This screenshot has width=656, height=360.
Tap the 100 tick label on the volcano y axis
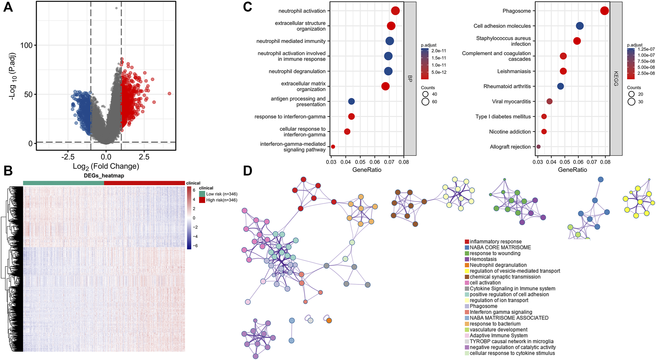[x=26, y=45]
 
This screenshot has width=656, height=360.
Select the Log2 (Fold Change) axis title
[x=106, y=166]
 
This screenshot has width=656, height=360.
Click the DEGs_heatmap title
[x=104, y=176]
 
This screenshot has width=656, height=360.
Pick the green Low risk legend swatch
[x=202, y=194]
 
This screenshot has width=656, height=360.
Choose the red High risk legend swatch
[x=202, y=200]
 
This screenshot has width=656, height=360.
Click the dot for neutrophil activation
[x=395, y=11]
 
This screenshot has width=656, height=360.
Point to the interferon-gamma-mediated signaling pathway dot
[x=333, y=147]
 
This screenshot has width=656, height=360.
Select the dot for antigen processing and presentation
[x=351, y=101]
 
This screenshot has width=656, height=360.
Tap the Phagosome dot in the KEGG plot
[x=605, y=11]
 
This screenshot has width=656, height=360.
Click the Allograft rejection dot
[x=539, y=147]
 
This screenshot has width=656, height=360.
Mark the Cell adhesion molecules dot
[x=580, y=26]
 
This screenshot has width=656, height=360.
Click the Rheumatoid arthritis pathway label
[x=507, y=86]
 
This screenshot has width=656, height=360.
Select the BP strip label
[x=410, y=79]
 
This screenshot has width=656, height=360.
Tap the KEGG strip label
[x=616, y=79]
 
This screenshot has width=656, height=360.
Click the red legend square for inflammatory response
[x=467, y=242]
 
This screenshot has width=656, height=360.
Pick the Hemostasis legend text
[x=483, y=259]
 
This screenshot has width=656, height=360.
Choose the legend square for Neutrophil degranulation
[x=467, y=265]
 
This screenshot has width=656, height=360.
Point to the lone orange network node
[x=329, y=320]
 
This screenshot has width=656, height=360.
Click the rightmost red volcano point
[x=170, y=94]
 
